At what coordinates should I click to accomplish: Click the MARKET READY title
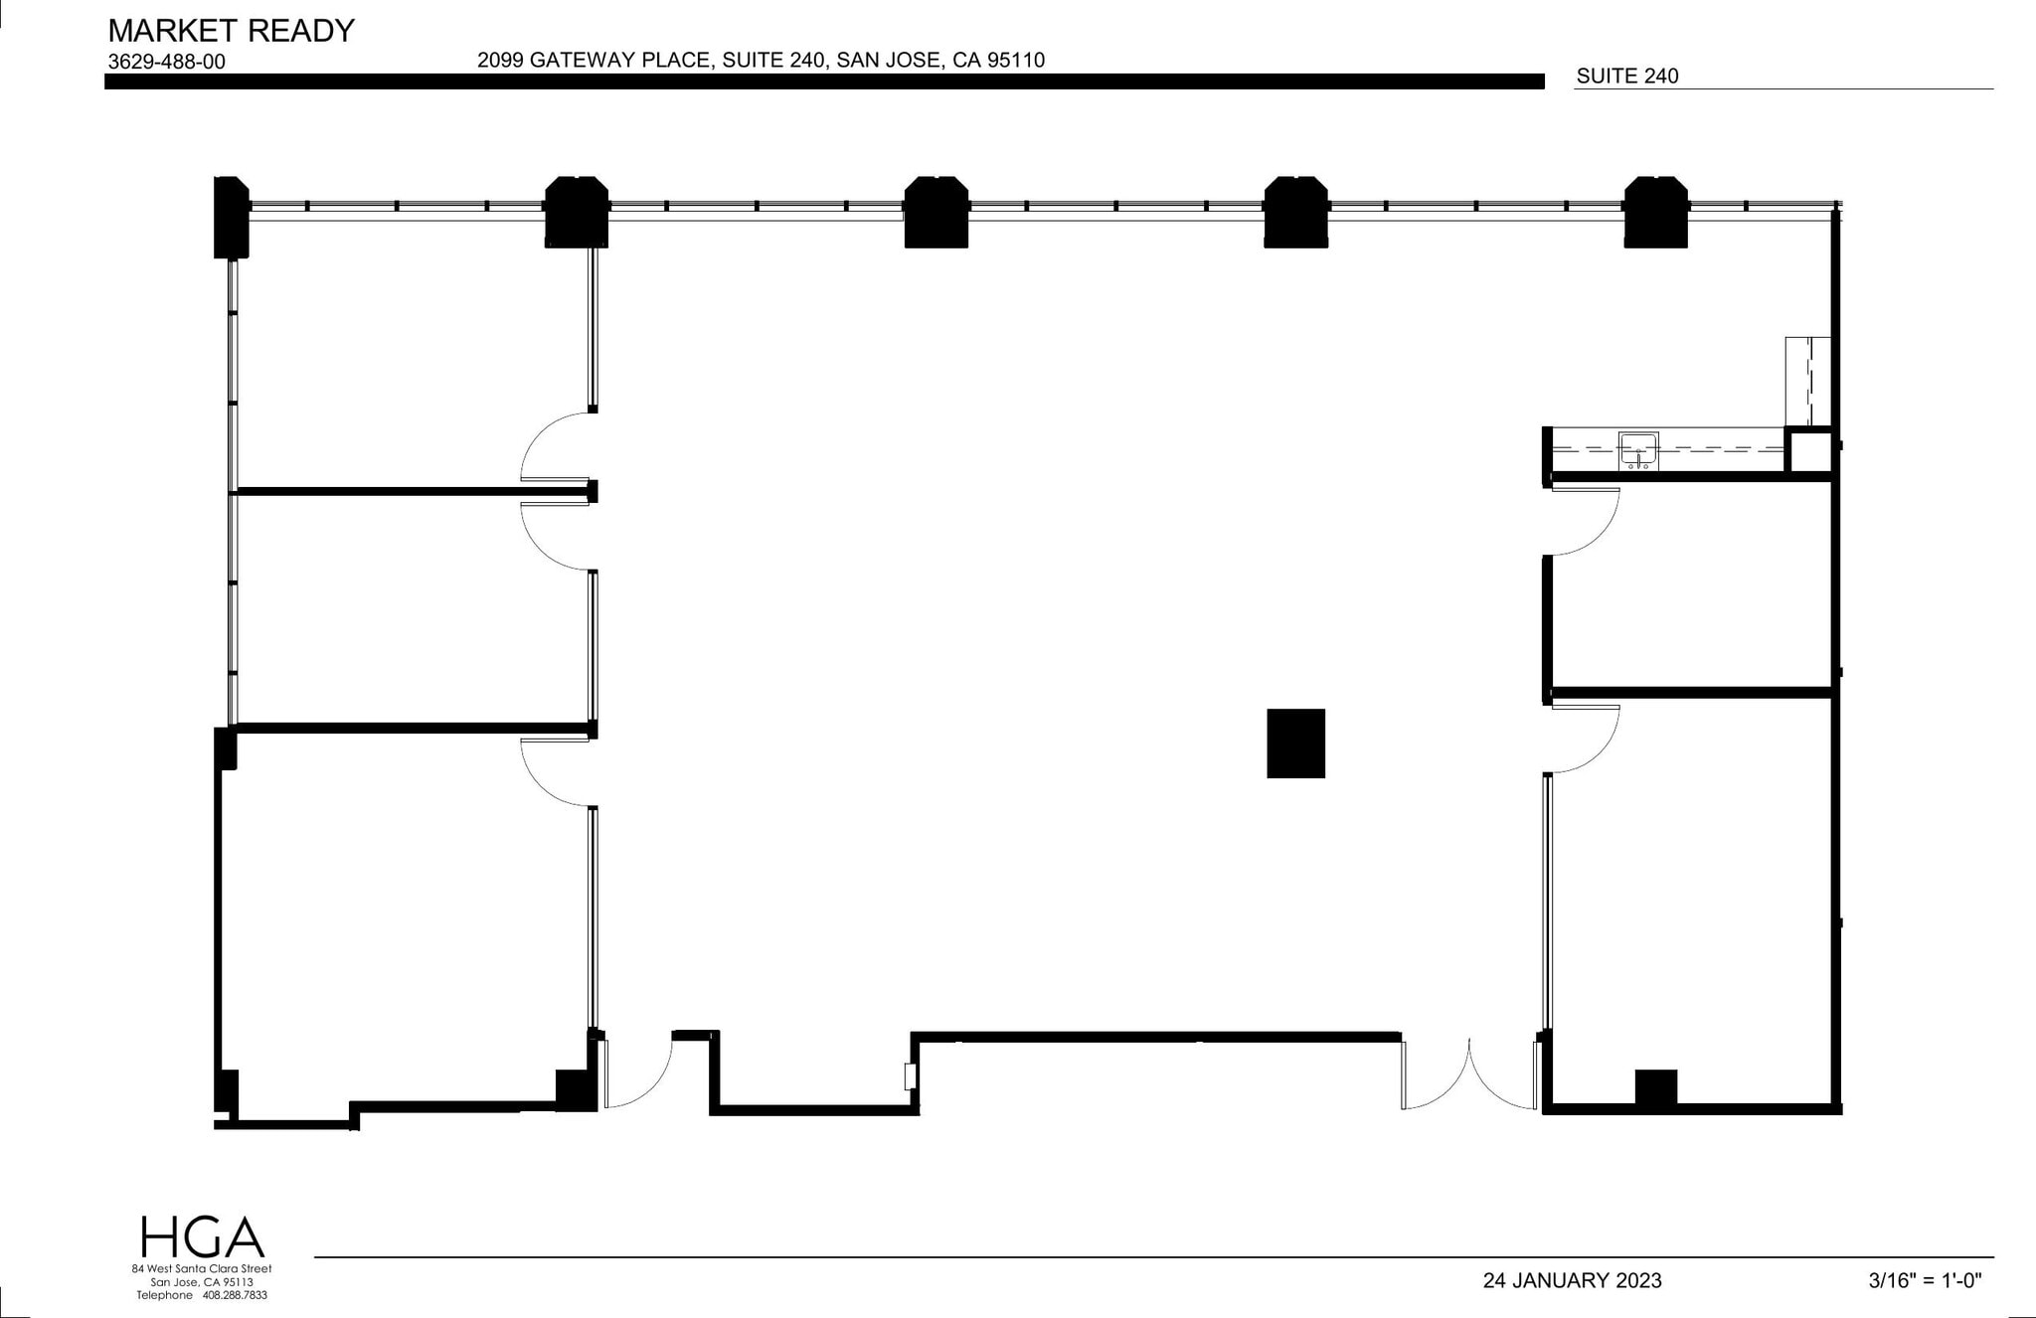click(231, 31)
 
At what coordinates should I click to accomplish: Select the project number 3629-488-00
click(166, 62)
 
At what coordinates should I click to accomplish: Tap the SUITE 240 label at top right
click(1627, 76)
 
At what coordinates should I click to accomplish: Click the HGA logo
click(202, 1236)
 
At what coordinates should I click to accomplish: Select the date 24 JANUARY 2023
click(1572, 1280)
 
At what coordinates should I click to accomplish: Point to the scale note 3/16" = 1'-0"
click(1925, 1280)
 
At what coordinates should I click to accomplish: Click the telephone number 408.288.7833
click(235, 1295)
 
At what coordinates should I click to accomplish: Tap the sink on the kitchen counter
click(1637, 450)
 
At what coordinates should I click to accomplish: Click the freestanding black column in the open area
click(1295, 742)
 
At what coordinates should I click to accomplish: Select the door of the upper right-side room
click(1585, 521)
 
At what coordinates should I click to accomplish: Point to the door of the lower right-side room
click(1585, 739)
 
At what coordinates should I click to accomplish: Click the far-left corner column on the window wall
click(231, 217)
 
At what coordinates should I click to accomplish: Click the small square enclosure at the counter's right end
click(1808, 452)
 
